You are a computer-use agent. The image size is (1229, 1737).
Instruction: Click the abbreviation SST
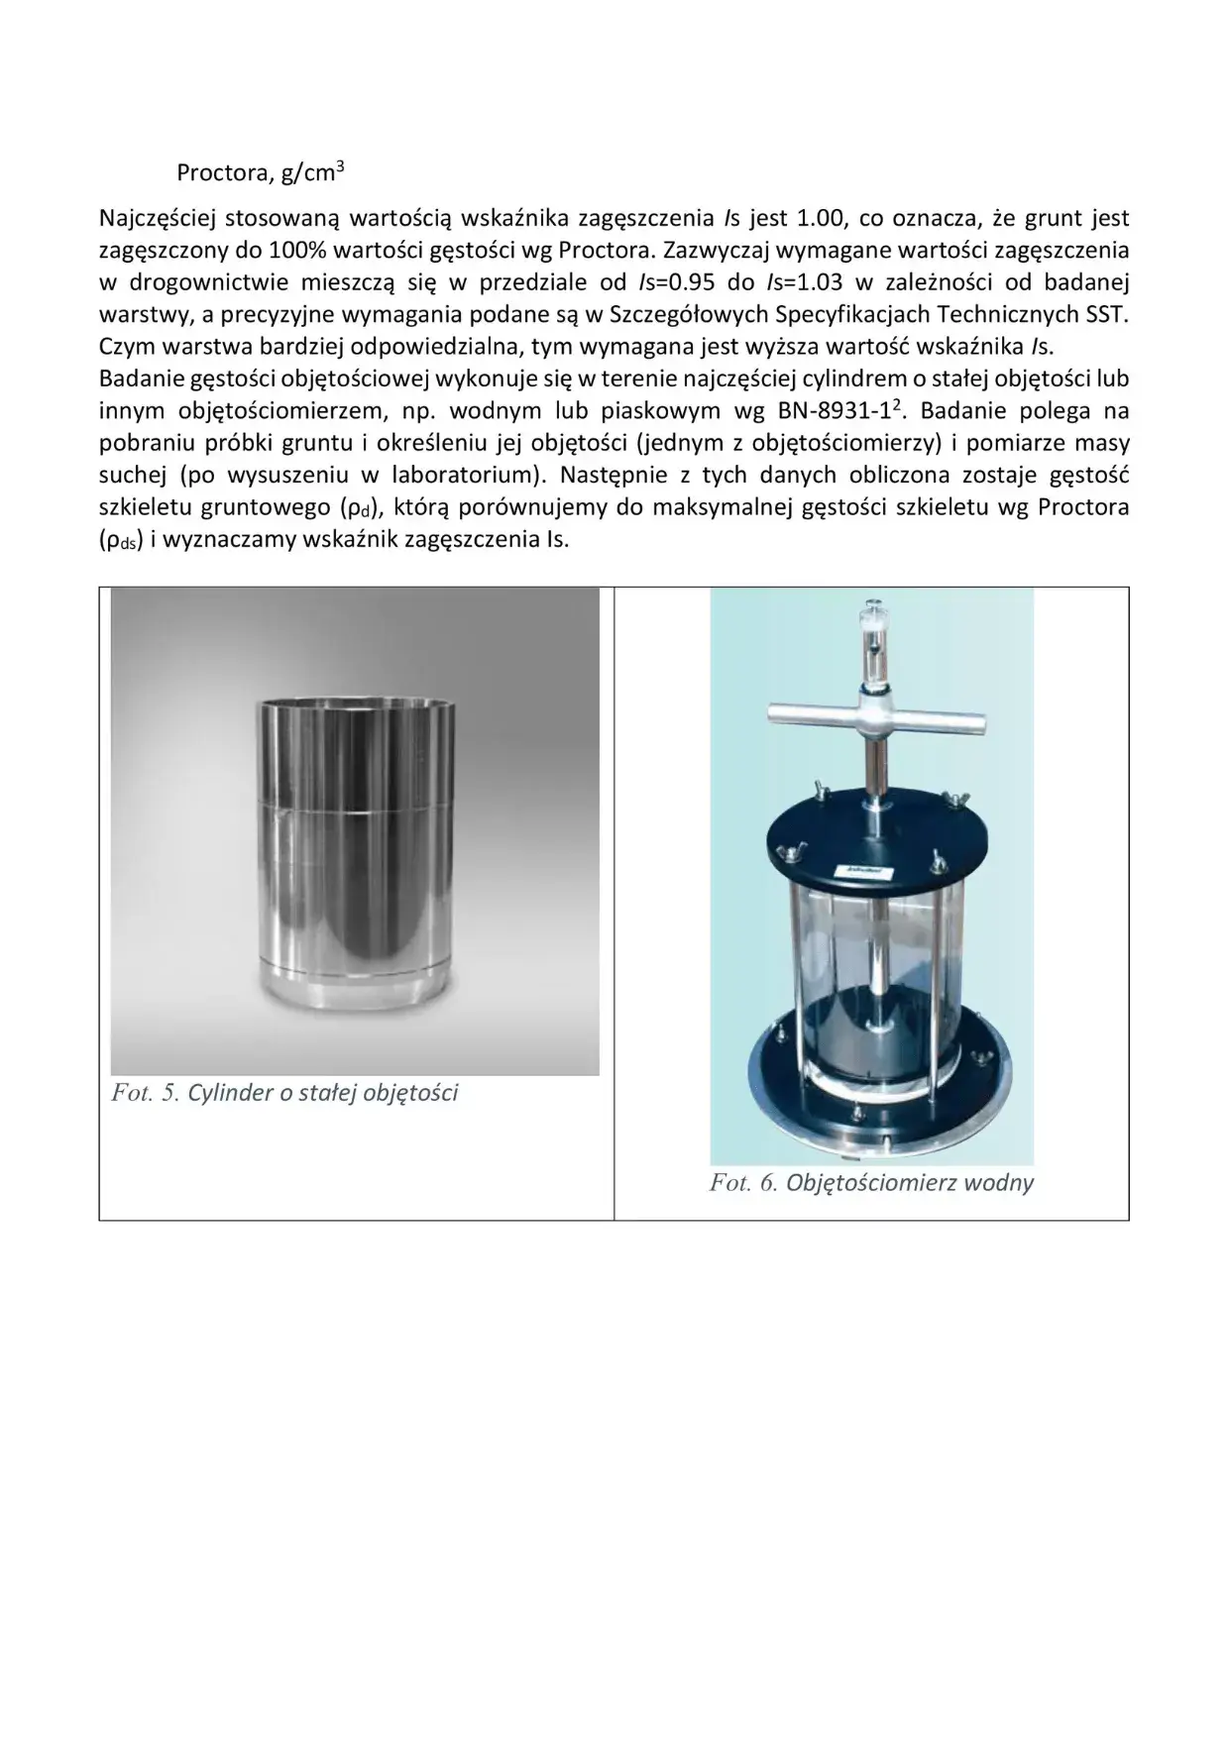coord(1107,315)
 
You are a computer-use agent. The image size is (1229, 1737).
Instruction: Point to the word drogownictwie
coord(202,282)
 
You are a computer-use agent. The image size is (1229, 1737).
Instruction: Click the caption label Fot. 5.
coord(145,1093)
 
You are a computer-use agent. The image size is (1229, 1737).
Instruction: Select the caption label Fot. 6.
coord(742,1182)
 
